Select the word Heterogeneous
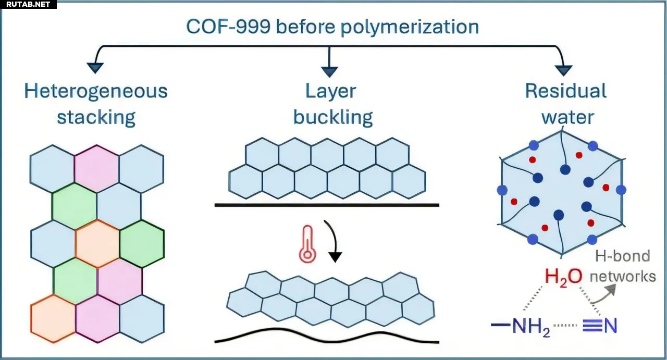tap(96, 91)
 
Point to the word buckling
tap(333, 117)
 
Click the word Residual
tap(566, 91)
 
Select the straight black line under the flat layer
tap(327, 205)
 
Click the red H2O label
tap(563, 276)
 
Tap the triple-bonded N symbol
tap(605, 326)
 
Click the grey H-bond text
tap(623, 256)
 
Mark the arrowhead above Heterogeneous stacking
tap(95, 67)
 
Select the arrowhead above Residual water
tap(564, 70)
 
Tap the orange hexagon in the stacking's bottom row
tap(53, 318)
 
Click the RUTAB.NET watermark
tap(28, 5)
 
